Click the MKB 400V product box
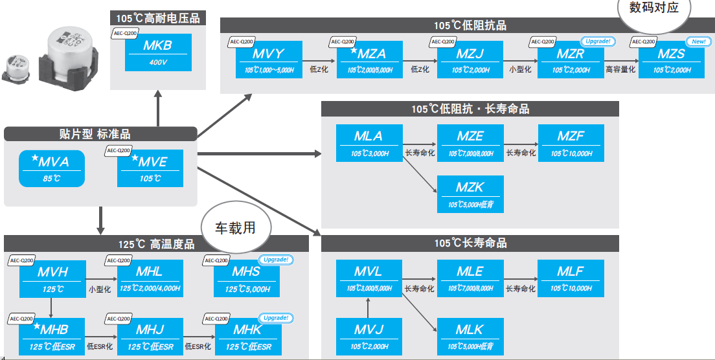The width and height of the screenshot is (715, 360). pos(159,53)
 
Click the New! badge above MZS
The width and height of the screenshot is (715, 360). pos(699,41)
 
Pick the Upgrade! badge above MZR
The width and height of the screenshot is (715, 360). pos(598,41)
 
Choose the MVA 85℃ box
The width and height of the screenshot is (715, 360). pos(52,168)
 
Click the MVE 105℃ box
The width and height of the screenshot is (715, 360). pos(151,168)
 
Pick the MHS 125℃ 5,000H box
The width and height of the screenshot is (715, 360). pos(247,278)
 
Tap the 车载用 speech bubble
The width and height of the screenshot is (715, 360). pos(235,228)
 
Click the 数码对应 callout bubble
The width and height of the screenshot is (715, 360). pos(654,9)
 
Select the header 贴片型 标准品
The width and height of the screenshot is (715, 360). pos(100,134)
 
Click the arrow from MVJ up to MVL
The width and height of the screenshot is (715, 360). pos(368,308)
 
